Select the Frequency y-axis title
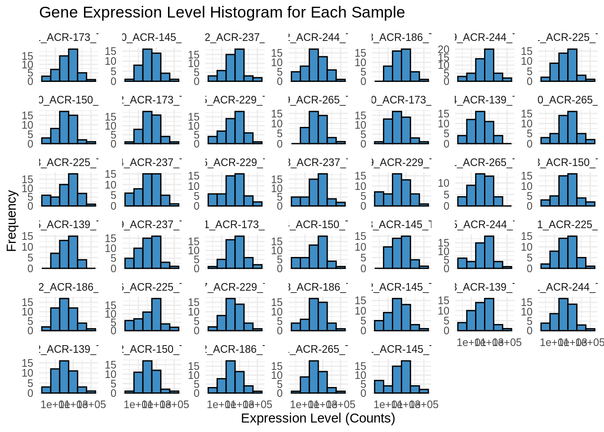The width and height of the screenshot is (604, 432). coord(12,220)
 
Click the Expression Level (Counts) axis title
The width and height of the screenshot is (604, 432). coord(318,418)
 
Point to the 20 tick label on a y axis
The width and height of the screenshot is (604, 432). coord(444,49)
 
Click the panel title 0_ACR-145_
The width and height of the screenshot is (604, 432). coord(151,37)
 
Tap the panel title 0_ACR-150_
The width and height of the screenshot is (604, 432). coord(68,100)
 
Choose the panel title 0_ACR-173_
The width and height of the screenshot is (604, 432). coord(401,100)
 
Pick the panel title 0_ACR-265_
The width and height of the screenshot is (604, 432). coord(568,100)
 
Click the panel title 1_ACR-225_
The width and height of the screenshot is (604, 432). coord(568,225)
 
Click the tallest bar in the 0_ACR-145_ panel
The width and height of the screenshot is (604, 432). coord(147,65)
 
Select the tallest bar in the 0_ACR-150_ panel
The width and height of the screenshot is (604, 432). coord(64,128)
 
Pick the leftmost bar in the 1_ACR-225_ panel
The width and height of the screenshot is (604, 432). coord(545,266)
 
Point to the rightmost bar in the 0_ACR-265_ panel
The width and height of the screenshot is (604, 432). coord(590,141)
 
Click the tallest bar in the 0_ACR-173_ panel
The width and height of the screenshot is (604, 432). coord(397,128)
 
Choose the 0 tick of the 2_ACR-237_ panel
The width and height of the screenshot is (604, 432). coord(196,81)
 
